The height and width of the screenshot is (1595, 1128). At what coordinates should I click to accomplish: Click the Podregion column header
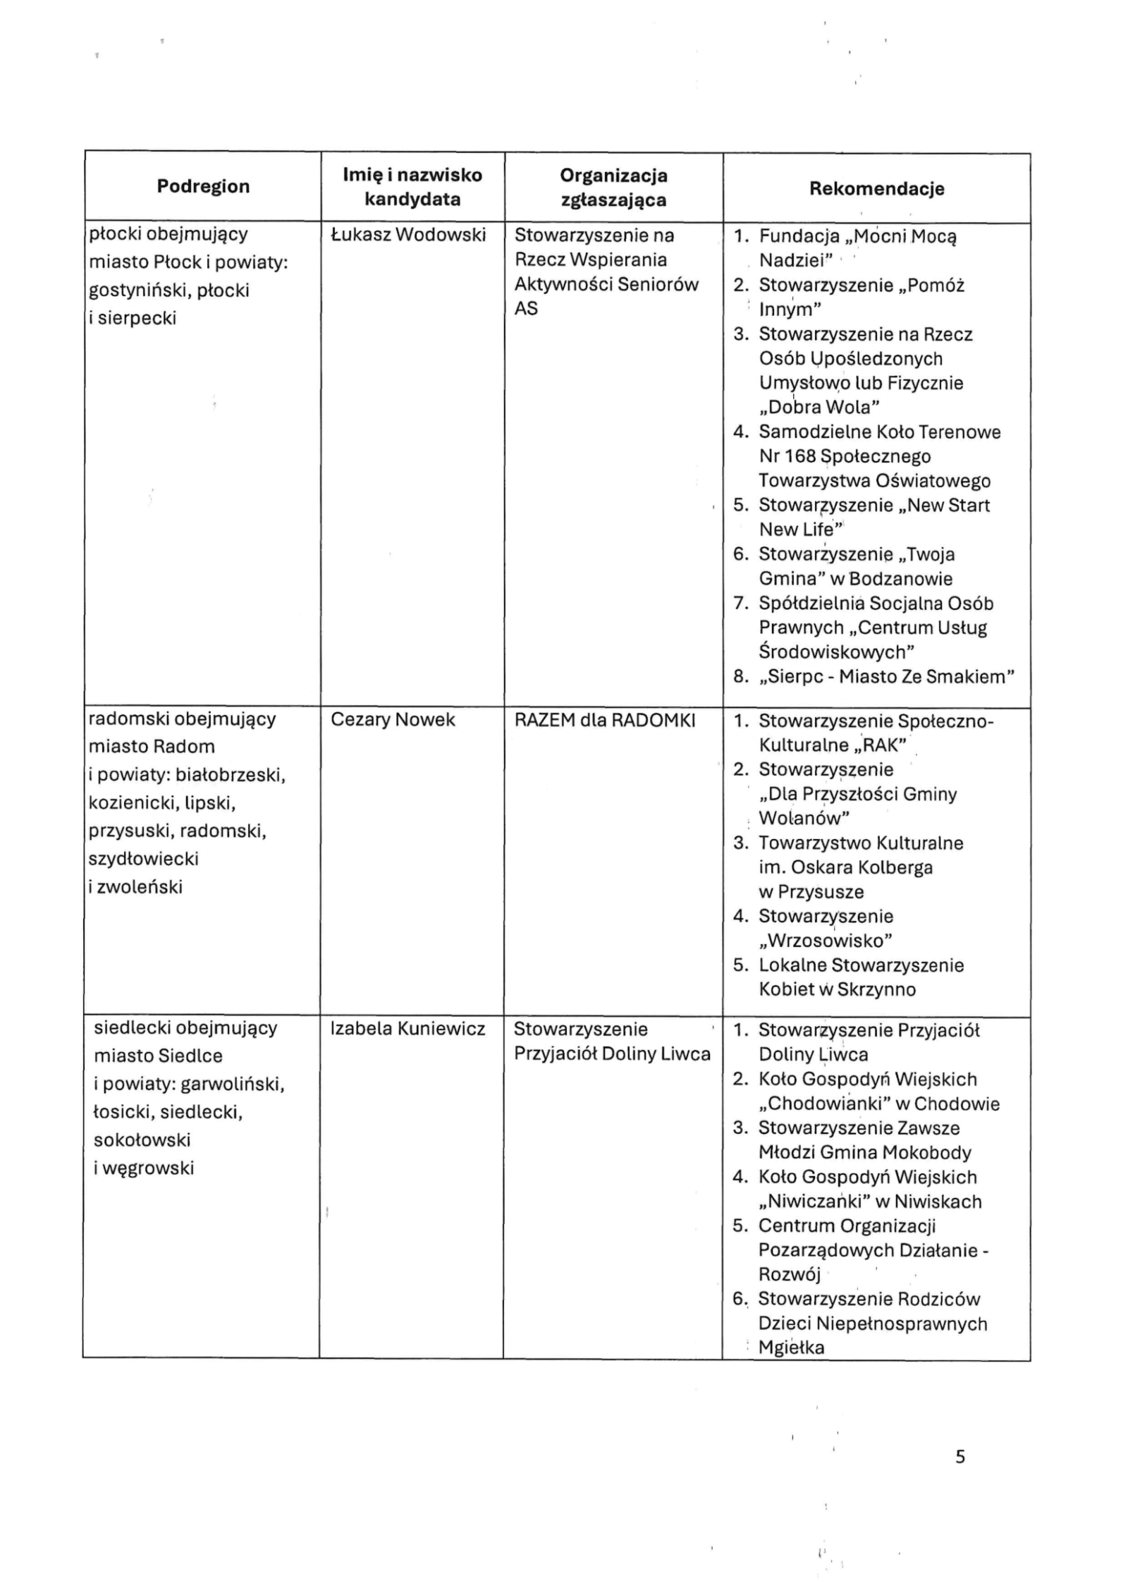tap(203, 186)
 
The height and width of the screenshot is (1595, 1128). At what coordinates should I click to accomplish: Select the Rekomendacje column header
tap(876, 188)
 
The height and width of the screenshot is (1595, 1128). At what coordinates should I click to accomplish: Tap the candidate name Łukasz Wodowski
tap(408, 235)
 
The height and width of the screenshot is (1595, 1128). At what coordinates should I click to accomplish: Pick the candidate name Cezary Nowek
tap(393, 719)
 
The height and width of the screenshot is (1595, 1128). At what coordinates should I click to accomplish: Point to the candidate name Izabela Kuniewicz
tap(407, 1029)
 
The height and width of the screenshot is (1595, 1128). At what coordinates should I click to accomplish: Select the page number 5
tap(960, 1456)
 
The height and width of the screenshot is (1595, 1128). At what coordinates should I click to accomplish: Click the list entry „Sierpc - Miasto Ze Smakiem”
tap(886, 676)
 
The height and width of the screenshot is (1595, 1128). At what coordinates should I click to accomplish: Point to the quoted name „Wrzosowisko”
tap(826, 940)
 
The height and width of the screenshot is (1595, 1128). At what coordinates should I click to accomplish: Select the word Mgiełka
tap(791, 1347)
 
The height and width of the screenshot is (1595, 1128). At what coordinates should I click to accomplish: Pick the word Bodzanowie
tap(900, 579)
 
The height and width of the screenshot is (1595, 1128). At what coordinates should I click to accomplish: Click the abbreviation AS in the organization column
tap(526, 308)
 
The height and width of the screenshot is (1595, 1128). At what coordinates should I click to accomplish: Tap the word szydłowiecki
tap(143, 858)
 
